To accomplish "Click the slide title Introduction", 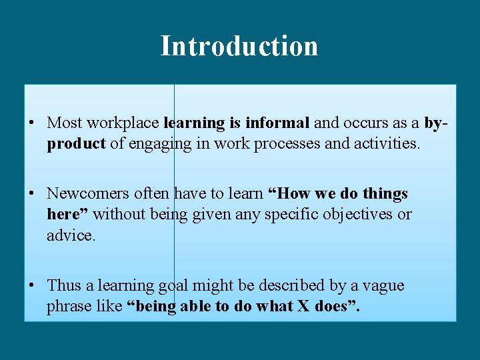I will [239, 46].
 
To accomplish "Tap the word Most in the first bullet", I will [65, 123].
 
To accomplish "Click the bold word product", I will [76, 144].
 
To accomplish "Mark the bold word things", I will [383, 194].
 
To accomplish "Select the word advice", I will [71, 235].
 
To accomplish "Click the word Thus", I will [63, 285].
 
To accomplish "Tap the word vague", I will [383, 285].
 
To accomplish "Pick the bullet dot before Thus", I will [31, 285].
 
